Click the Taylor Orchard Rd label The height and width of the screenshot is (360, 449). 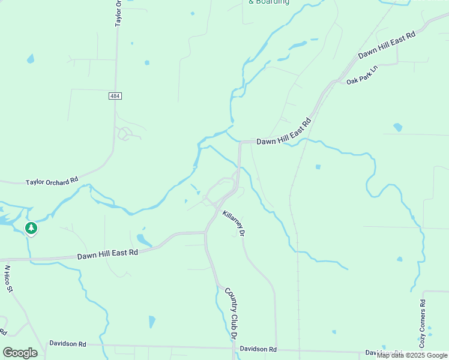[52, 181]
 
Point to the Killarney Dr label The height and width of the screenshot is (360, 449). [234, 223]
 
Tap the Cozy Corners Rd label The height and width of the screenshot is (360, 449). [423, 323]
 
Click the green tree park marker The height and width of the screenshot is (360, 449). [31, 228]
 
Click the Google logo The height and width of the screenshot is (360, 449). [20, 352]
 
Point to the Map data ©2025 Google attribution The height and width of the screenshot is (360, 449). [412, 355]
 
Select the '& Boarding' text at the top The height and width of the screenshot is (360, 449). [268, 2]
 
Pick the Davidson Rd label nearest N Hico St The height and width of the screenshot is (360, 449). [68, 344]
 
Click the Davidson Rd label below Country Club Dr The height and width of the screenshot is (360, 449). [258, 349]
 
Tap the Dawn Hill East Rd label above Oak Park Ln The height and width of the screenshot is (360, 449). [387, 45]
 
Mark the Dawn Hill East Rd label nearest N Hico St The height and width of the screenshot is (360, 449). [107, 254]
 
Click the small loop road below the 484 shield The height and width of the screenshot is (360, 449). [125, 133]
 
